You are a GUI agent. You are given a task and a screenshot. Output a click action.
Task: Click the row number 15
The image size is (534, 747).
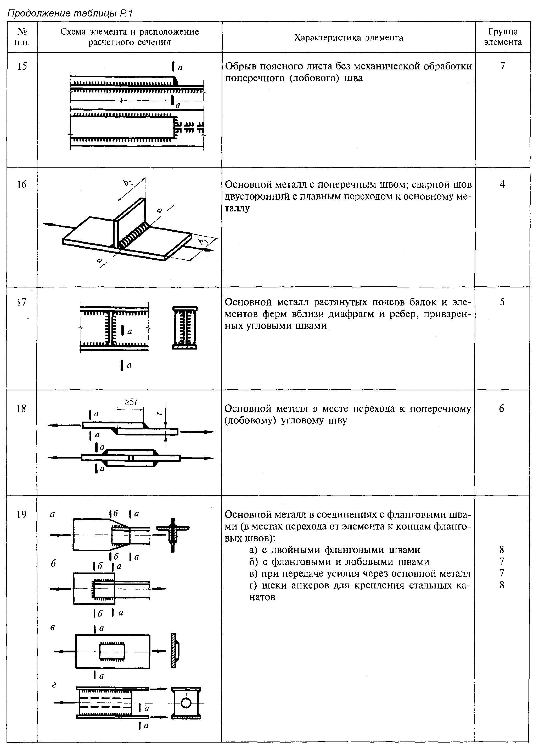(x=22, y=66)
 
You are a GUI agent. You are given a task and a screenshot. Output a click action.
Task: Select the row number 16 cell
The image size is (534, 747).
(x=22, y=184)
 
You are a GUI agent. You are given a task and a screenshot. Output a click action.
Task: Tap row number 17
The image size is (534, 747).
(x=22, y=302)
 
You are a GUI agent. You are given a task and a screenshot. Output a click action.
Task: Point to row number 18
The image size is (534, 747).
(x=21, y=408)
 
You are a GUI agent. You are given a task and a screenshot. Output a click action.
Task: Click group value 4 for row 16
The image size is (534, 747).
(x=502, y=184)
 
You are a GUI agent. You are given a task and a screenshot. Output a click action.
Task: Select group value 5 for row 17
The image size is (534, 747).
(x=502, y=302)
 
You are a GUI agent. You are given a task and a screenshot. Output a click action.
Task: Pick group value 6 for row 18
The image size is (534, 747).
(x=502, y=408)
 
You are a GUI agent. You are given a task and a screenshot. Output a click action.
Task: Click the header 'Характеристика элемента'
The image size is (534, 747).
(x=348, y=37)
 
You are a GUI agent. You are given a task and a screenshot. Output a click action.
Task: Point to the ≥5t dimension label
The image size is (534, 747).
(x=130, y=402)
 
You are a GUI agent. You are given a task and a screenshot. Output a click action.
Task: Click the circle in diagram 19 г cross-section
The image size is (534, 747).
(x=186, y=703)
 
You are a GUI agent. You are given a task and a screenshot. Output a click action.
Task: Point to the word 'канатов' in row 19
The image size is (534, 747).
(x=262, y=597)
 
